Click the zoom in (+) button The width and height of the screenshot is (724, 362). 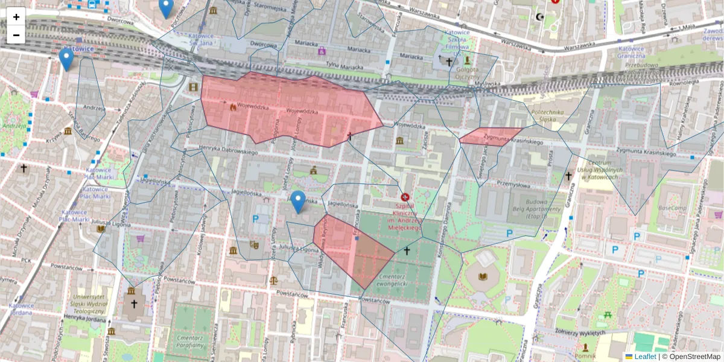pos(16,17)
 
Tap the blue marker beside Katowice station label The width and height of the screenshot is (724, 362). pos(66,60)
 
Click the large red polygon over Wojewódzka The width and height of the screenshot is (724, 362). pos(290,112)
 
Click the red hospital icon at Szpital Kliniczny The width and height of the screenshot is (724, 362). pos(405,197)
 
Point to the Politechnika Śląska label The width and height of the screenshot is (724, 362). pos(550,116)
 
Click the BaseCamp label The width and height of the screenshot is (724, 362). pos(672,208)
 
